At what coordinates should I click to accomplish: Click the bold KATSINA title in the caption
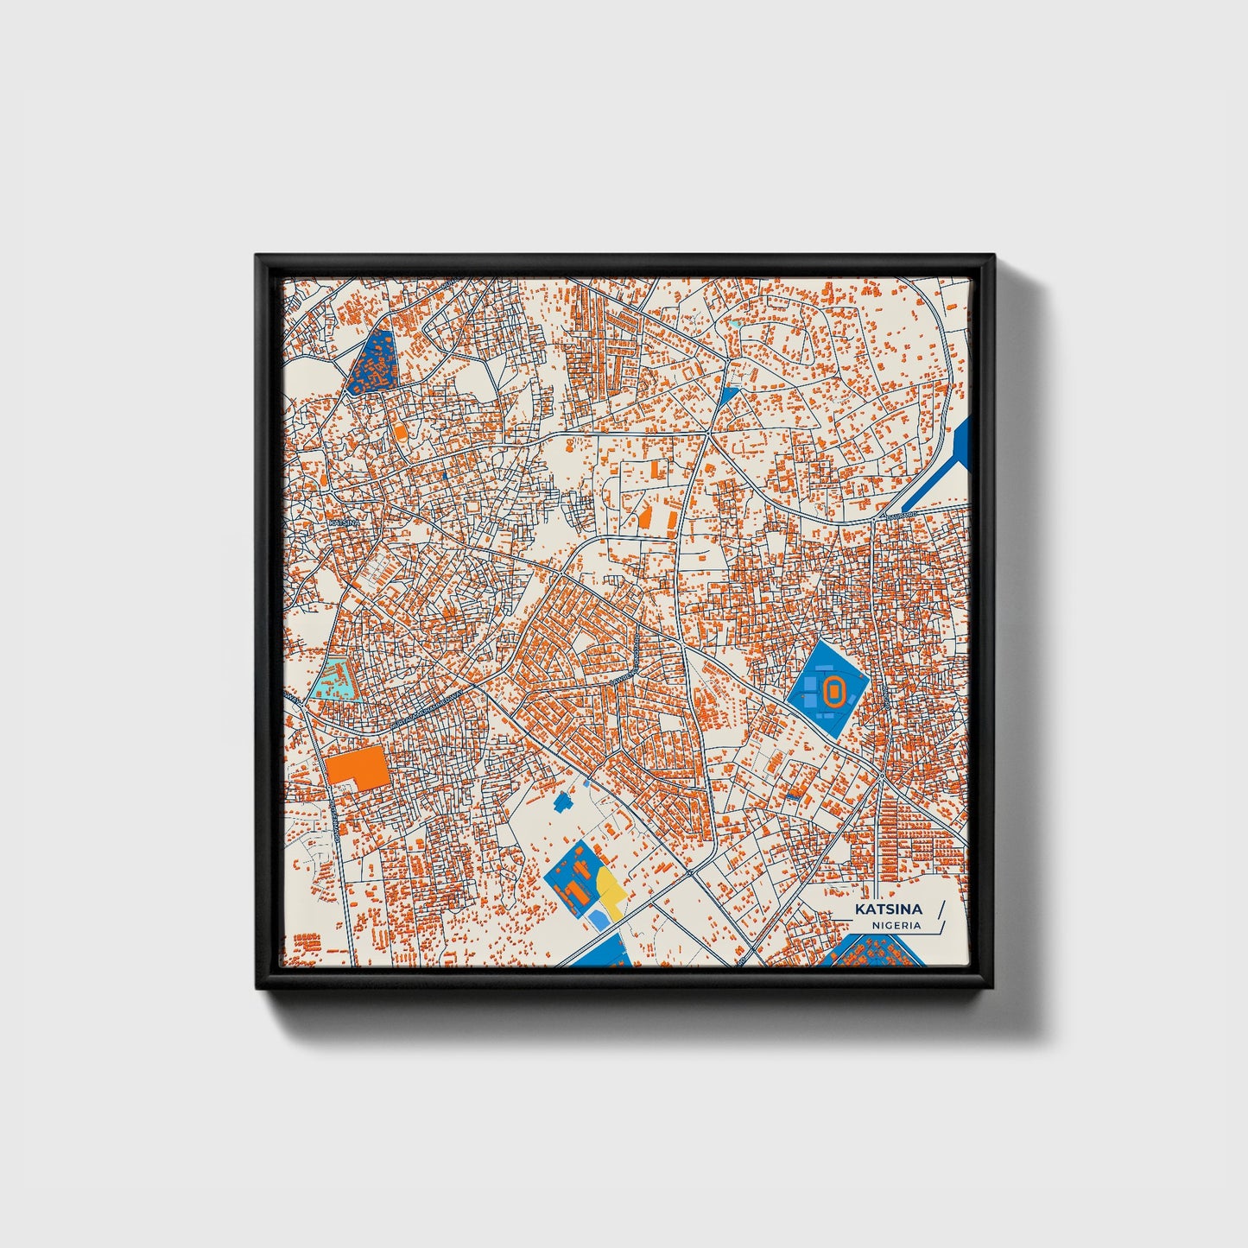[x=888, y=909]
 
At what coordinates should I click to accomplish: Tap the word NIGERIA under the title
[x=896, y=925]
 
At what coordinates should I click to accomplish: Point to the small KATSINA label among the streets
[x=341, y=522]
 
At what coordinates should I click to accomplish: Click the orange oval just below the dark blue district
[x=400, y=430]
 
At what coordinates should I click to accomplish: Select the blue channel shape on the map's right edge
[x=946, y=466]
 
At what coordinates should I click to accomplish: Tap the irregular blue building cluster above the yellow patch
[x=566, y=801]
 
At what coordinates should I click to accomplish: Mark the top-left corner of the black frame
[x=257, y=257]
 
